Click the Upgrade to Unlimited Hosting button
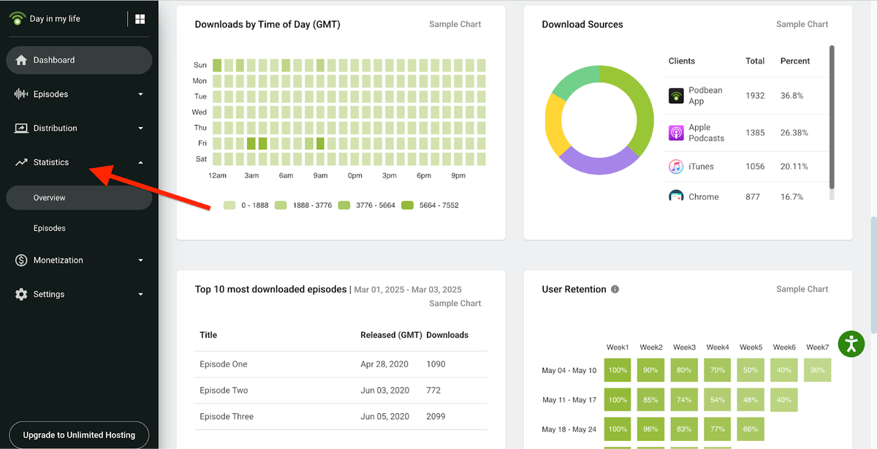pos(79,435)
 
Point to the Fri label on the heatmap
pos(201,144)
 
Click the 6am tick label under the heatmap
pos(286,176)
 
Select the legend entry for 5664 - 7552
pos(430,205)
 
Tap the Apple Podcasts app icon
pos(676,133)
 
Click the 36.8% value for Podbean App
pos(791,96)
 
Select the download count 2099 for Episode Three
pos(436,417)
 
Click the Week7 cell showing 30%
pos(817,370)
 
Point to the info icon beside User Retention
pos(615,289)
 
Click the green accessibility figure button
pos(851,343)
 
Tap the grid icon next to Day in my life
pos(140,19)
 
